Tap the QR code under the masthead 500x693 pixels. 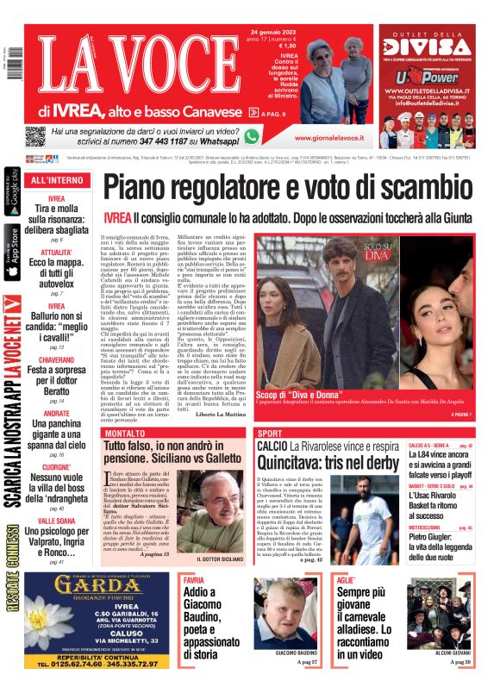tap(34, 136)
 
